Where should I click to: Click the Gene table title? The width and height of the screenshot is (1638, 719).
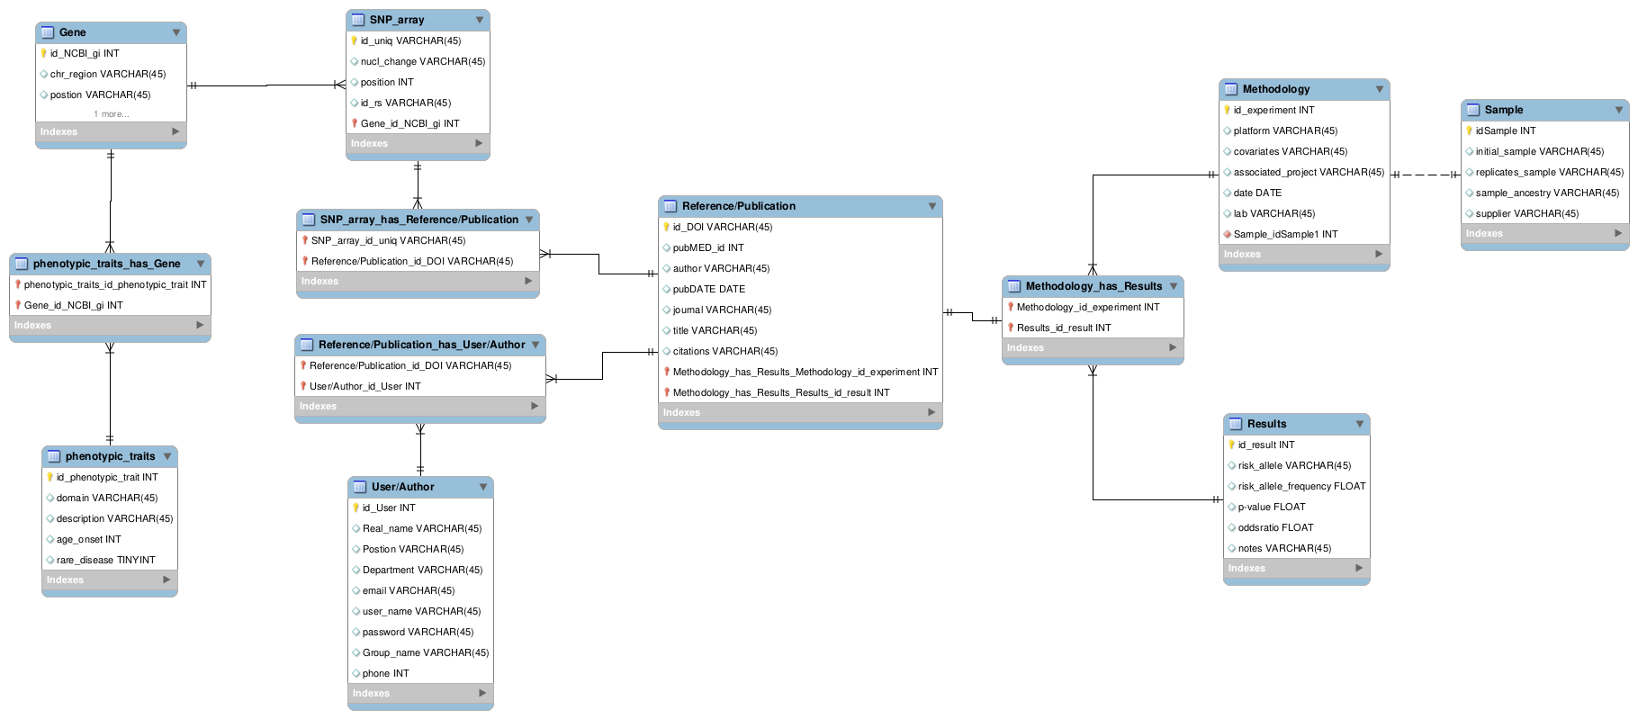click(x=73, y=32)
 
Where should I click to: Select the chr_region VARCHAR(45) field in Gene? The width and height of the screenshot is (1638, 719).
click(x=107, y=74)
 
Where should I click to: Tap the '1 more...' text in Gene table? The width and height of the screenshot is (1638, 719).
click(x=111, y=114)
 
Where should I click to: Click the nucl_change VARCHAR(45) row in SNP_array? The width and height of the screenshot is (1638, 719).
click(x=422, y=61)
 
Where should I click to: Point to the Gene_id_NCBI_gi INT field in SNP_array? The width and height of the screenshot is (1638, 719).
click(x=409, y=123)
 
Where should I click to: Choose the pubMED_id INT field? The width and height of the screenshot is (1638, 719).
click(x=707, y=247)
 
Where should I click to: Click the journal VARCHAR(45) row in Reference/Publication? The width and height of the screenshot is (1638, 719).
click(x=722, y=310)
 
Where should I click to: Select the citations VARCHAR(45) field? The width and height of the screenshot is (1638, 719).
click(x=724, y=351)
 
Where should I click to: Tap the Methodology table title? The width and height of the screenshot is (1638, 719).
click(x=1275, y=89)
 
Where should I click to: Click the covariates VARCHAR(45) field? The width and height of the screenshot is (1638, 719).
click(x=1290, y=151)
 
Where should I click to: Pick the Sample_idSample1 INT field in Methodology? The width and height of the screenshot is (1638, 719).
click(x=1285, y=234)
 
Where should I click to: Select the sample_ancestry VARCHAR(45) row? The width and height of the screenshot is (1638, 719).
click(x=1546, y=193)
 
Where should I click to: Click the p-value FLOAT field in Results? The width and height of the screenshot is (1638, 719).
click(x=1271, y=507)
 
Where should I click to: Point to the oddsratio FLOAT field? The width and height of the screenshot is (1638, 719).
click(x=1275, y=527)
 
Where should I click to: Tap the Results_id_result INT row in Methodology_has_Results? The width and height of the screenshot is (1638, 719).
click(x=1063, y=328)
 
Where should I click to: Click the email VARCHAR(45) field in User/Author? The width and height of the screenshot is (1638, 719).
click(x=408, y=590)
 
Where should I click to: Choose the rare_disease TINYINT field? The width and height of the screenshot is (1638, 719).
click(x=105, y=560)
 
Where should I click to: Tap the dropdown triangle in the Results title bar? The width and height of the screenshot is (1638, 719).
click(x=1360, y=424)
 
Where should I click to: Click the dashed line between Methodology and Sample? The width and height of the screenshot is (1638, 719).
click(x=1425, y=175)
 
